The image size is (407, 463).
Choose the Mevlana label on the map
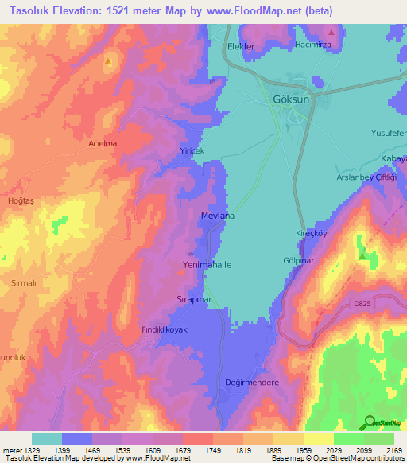[x=217, y=216]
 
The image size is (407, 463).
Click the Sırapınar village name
[x=193, y=300]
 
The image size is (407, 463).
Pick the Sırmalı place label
[x=24, y=283]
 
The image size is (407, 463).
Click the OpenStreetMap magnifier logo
[x=368, y=422]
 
